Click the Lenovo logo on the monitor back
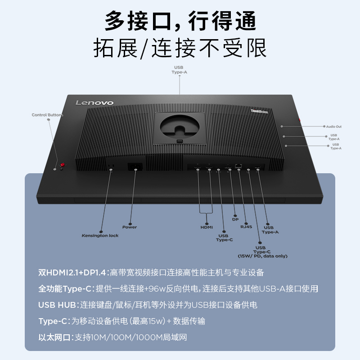point(94,103)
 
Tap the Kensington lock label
point(100,235)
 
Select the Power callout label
point(130,227)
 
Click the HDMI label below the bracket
point(207,227)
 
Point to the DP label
point(235,219)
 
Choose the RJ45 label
point(246,227)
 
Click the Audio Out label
point(334,126)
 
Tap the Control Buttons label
point(47,115)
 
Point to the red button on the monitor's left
point(63,165)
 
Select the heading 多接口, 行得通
point(180,21)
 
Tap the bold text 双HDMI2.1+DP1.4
point(72,273)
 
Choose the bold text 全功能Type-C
point(66,289)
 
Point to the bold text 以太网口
point(55,337)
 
